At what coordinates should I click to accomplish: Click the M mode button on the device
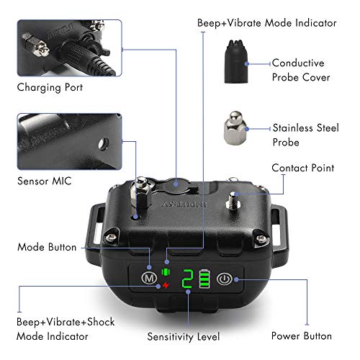pyautogui.click(x=149, y=279)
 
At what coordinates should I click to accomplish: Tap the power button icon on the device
pyautogui.click(x=225, y=279)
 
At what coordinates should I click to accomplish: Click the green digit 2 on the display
pyautogui.click(x=187, y=279)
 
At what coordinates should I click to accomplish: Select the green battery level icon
pyautogui.click(x=204, y=279)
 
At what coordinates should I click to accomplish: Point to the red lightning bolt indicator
pyautogui.click(x=166, y=285)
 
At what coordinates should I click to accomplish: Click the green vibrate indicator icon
pyautogui.click(x=166, y=272)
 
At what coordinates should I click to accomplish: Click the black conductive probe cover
pyautogui.click(x=236, y=61)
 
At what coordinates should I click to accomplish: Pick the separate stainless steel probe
pyautogui.click(x=235, y=127)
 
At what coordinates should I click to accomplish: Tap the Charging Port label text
pyautogui.click(x=50, y=87)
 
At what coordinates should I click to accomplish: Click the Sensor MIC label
pyautogui.click(x=45, y=181)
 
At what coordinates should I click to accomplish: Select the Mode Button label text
pyautogui.click(x=47, y=247)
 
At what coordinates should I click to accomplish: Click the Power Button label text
pyautogui.click(x=302, y=336)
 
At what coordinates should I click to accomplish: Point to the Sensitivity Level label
pyautogui.click(x=184, y=336)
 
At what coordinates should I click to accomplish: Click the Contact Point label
pyautogui.click(x=303, y=168)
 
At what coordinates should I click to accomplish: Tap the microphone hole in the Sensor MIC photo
pyautogui.click(x=104, y=144)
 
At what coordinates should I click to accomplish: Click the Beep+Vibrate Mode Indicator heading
pyautogui.click(x=267, y=23)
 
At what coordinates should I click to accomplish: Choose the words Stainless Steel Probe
pyautogui.click(x=305, y=135)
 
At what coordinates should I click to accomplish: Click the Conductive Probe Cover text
pyautogui.click(x=301, y=70)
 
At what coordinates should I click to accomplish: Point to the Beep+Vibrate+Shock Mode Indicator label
pyautogui.click(x=66, y=329)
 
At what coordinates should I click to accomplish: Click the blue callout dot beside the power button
pyautogui.click(x=236, y=279)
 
